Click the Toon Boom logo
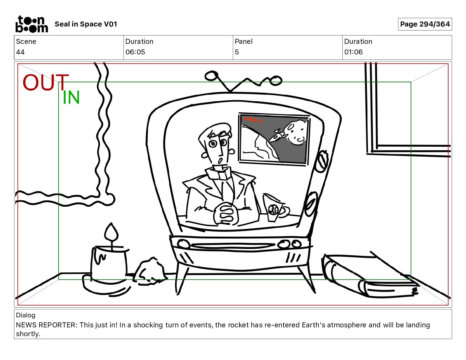32,24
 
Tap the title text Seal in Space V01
86,24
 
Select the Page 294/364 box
425,24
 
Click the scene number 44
20,52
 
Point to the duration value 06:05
135,52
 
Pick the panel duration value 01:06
353,52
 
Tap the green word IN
71,97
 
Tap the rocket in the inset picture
277,136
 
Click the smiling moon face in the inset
295,133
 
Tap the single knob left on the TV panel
183,244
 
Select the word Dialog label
26,315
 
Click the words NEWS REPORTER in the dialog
46,325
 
